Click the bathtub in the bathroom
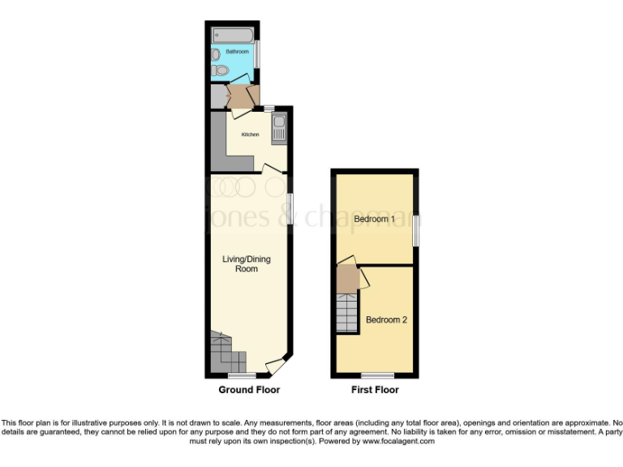pos(233,36)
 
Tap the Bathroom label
pos(238,52)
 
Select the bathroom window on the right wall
pos(257,54)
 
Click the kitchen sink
pos(278,131)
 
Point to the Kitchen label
pos(251,135)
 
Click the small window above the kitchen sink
pos(269,108)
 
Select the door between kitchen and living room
pos(273,168)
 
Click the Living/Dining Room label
pos(247,263)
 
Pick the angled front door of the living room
pos(276,366)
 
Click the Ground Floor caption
pos(249,390)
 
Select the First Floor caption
pos(375,390)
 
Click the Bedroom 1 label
pos(375,219)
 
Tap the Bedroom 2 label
pos(386,319)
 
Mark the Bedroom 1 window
pos(416,229)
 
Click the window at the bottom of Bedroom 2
pos(377,375)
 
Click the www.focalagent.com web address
pos(398,442)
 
